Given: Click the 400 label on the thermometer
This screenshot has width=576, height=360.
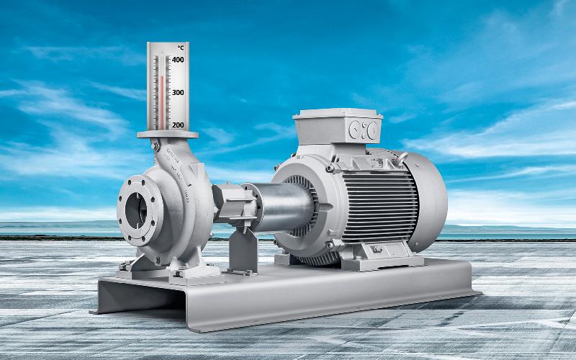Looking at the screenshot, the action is click(x=178, y=60).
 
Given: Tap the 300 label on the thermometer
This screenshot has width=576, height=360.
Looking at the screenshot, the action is click(x=178, y=92).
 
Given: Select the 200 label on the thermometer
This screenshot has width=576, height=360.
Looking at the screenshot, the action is click(x=178, y=125).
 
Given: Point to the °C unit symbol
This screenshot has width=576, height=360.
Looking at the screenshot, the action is click(x=181, y=48).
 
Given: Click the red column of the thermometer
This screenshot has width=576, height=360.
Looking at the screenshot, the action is click(x=161, y=102).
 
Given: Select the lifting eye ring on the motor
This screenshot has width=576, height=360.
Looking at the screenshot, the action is click(x=402, y=158).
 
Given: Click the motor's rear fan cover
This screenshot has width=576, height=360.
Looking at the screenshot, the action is click(x=427, y=202).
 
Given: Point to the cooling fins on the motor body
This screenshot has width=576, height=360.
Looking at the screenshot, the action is click(x=379, y=207).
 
